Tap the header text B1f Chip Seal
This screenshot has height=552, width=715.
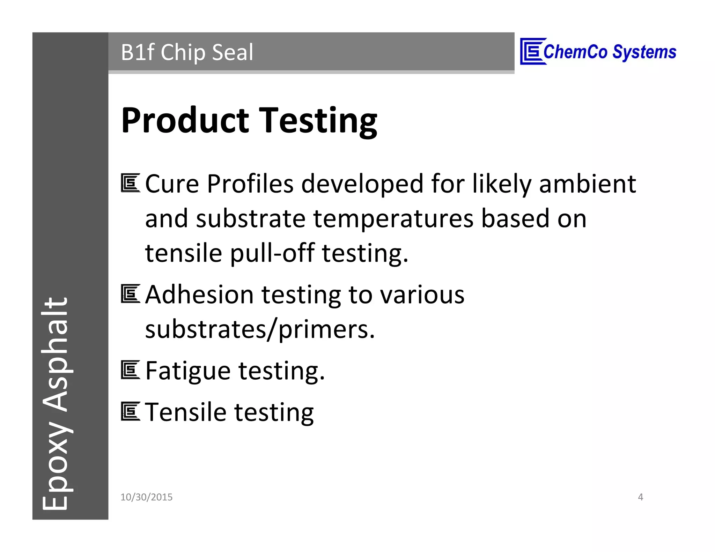187,52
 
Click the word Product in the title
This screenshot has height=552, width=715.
185,120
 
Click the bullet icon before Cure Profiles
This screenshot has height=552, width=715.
131,183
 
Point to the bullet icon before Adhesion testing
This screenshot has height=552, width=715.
131,294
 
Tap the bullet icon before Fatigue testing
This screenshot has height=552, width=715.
131,370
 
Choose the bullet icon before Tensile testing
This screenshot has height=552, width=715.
131,411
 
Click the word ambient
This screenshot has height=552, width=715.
587,184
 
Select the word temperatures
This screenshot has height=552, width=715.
393,219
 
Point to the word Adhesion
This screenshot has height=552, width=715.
199,295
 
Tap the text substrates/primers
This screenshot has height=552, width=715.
260,329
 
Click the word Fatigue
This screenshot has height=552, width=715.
188,371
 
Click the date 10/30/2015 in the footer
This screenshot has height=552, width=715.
146,497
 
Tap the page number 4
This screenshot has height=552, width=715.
640,497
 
